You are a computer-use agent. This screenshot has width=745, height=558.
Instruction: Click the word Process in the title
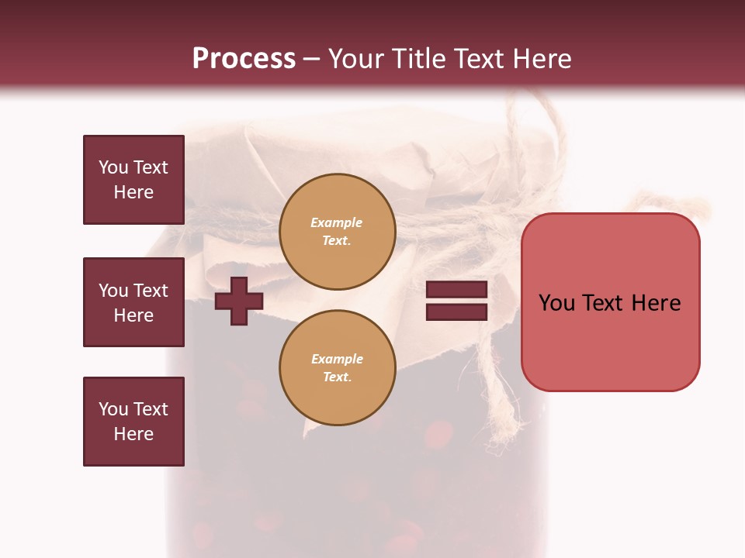244,59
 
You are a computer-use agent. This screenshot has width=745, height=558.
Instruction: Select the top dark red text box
133,180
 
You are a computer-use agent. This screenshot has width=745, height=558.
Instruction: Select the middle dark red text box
133,302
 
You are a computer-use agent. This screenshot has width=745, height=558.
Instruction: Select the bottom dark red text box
133,422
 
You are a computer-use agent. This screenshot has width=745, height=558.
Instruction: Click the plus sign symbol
238,301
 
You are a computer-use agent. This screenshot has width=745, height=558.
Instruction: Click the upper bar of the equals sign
457,289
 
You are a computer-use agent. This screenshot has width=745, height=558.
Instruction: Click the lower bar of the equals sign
457,312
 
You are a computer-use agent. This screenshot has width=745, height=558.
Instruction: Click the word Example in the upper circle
337,222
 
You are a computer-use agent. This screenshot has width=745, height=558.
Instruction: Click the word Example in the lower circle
337,359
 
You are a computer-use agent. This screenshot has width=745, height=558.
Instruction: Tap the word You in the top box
113,167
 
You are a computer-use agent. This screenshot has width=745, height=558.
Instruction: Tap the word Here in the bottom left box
133,434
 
